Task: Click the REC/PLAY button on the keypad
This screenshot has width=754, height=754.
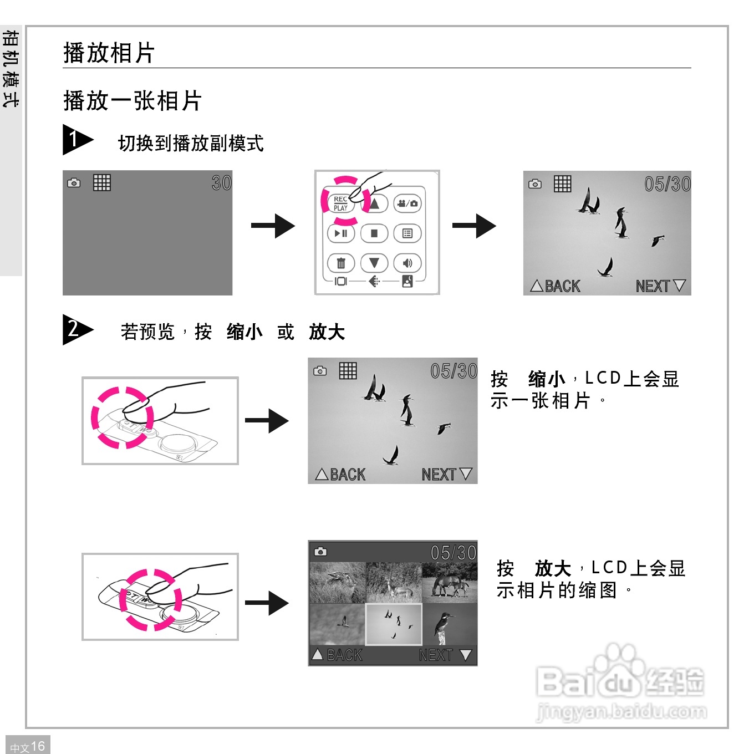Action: tap(340, 203)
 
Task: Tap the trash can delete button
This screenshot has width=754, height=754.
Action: tap(341, 263)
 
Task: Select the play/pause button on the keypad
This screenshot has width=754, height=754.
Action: tap(341, 233)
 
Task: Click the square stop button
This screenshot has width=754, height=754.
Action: tap(374, 233)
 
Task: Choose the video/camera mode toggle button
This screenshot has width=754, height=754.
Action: tap(407, 203)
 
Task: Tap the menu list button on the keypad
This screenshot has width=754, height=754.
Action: tap(407, 233)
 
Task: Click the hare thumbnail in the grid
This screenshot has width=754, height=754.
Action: tap(337, 582)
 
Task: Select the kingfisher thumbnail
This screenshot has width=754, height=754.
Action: tap(449, 624)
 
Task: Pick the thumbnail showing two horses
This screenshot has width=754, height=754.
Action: tap(449, 583)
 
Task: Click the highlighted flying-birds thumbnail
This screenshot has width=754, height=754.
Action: tap(394, 624)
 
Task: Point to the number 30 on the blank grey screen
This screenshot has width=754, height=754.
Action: tap(221, 183)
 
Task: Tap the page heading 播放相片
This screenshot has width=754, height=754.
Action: tap(109, 53)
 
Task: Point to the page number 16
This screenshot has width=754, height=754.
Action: tap(37, 746)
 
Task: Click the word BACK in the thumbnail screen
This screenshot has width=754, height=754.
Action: tap(344, 655)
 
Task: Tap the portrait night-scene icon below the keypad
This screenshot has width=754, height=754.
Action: tap(407, 281)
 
